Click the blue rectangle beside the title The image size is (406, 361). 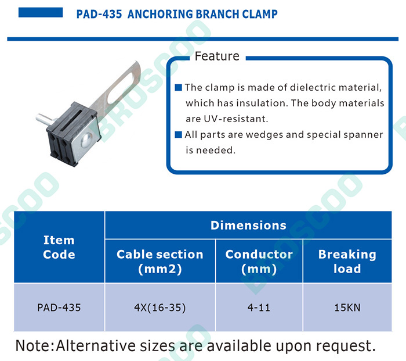pyautogui.click(x=41, y=12)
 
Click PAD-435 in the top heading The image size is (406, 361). pyautogui.click(x=99, y=15)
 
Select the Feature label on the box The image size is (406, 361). pyautogui.click(x=217, y=56)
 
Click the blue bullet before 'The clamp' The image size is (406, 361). pyautogui.click(x=179, y=87)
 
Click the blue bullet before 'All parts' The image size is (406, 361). pyautogui.click(x=179, y=134)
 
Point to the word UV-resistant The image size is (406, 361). pyautogui.click(x=236, y=119)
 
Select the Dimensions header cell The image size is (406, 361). pyautogui.click(x=248, y=226)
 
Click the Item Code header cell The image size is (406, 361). pyautogui.click(x=59, y=247)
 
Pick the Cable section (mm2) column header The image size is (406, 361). pyautogui.click(x=160, y=261)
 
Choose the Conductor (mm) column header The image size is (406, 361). pyautogui.click(x=259, y=261)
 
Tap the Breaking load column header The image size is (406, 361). pyautogui.click(x=347, y=261)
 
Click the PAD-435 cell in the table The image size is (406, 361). pyautogui.click(x=59, y=308)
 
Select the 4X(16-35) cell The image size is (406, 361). pyautogui.click(x=160, y=308)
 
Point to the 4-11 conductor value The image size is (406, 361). pyautogui.click(x=259, y=308)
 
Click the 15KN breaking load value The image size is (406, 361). pyautogui.click(x=347, y=308)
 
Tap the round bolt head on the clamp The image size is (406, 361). pyautogui.click(x=87, y=141)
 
